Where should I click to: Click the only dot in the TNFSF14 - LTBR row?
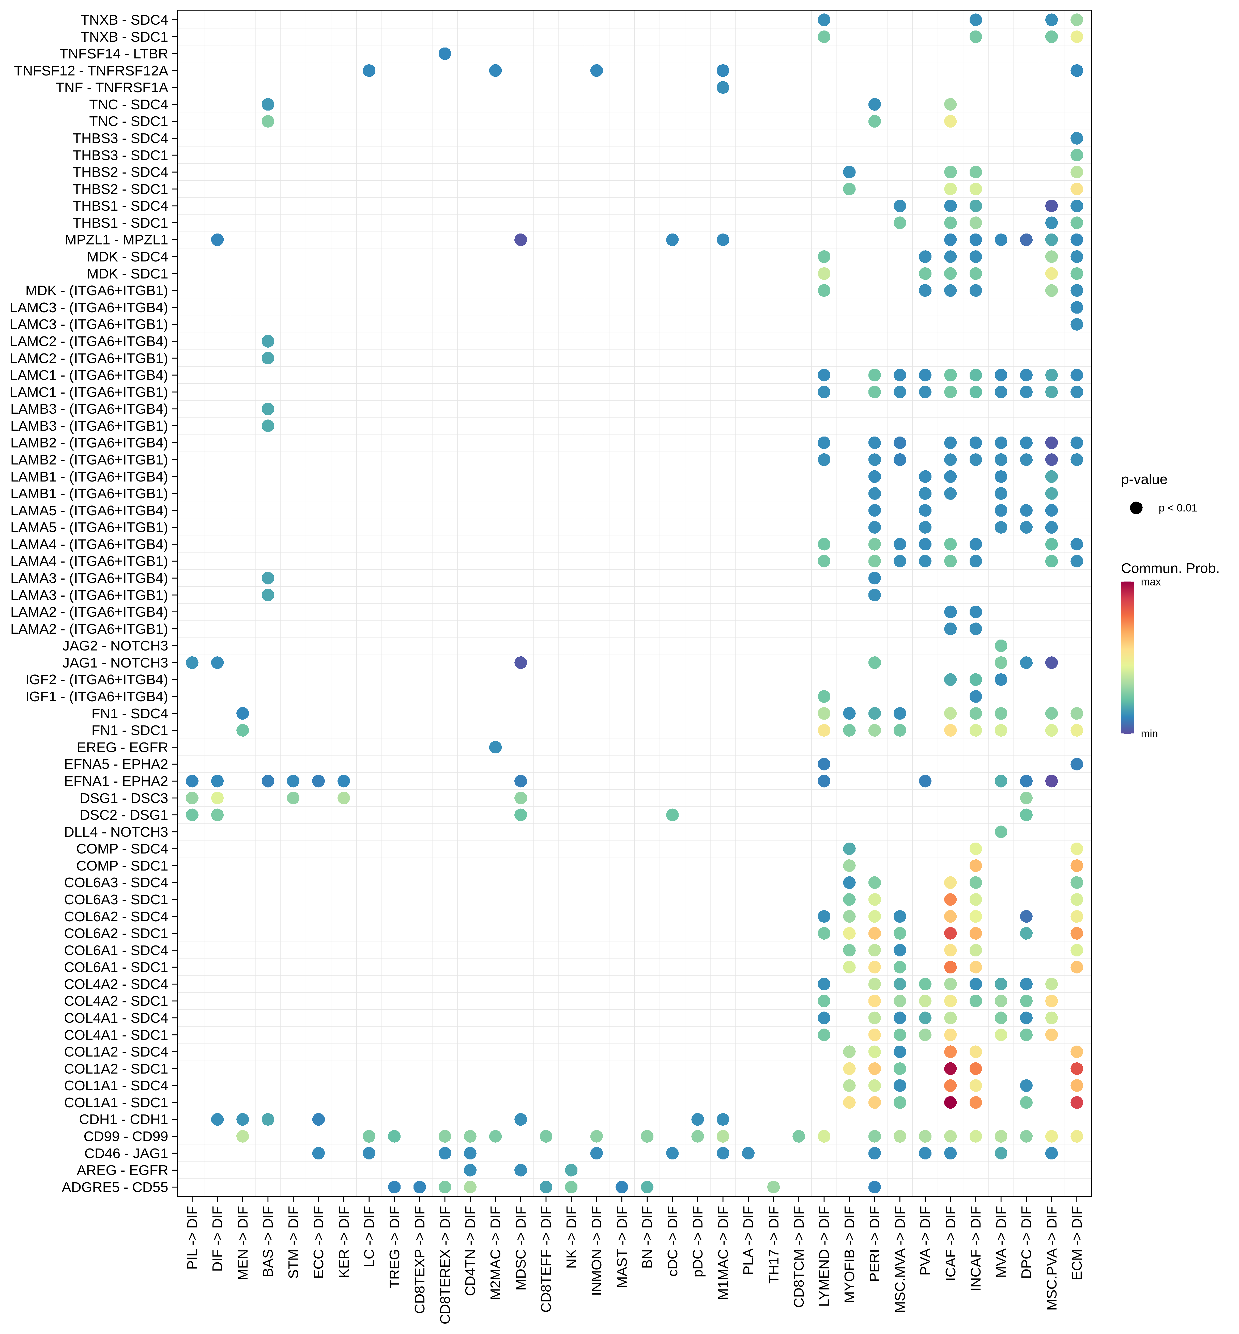tap(445, 54)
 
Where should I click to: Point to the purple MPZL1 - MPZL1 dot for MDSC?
tap(520, 239)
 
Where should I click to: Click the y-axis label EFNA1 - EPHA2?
tap(116, 781)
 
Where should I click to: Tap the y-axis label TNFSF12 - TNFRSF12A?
tap(91, 70)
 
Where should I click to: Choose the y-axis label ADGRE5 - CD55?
tap(115, 1187)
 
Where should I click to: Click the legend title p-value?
tap(1144, 479)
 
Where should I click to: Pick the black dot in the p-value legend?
tap(1136, 507)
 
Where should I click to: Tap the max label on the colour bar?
tap(1151, 582)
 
